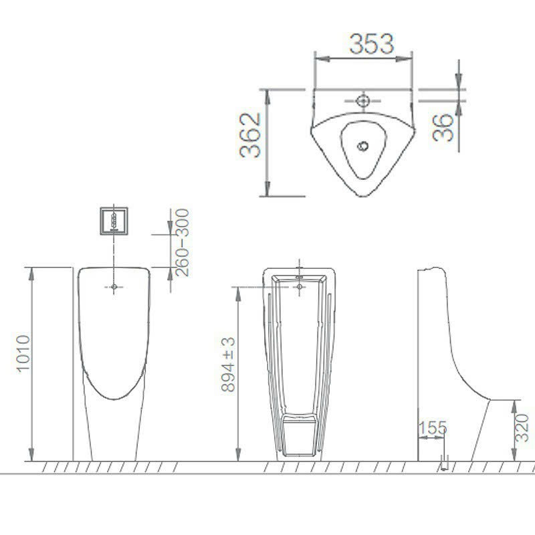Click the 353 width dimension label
coord(372,43)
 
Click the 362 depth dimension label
coord(250,135)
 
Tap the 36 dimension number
coord(443,128)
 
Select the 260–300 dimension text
coord(181,242)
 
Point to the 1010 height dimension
coord(23,353)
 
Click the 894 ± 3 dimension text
coord(228,364)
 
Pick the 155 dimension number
coord(432,428)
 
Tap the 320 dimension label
coord(522,428)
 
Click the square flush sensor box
coord(114,221)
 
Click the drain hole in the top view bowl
coord(362,146)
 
